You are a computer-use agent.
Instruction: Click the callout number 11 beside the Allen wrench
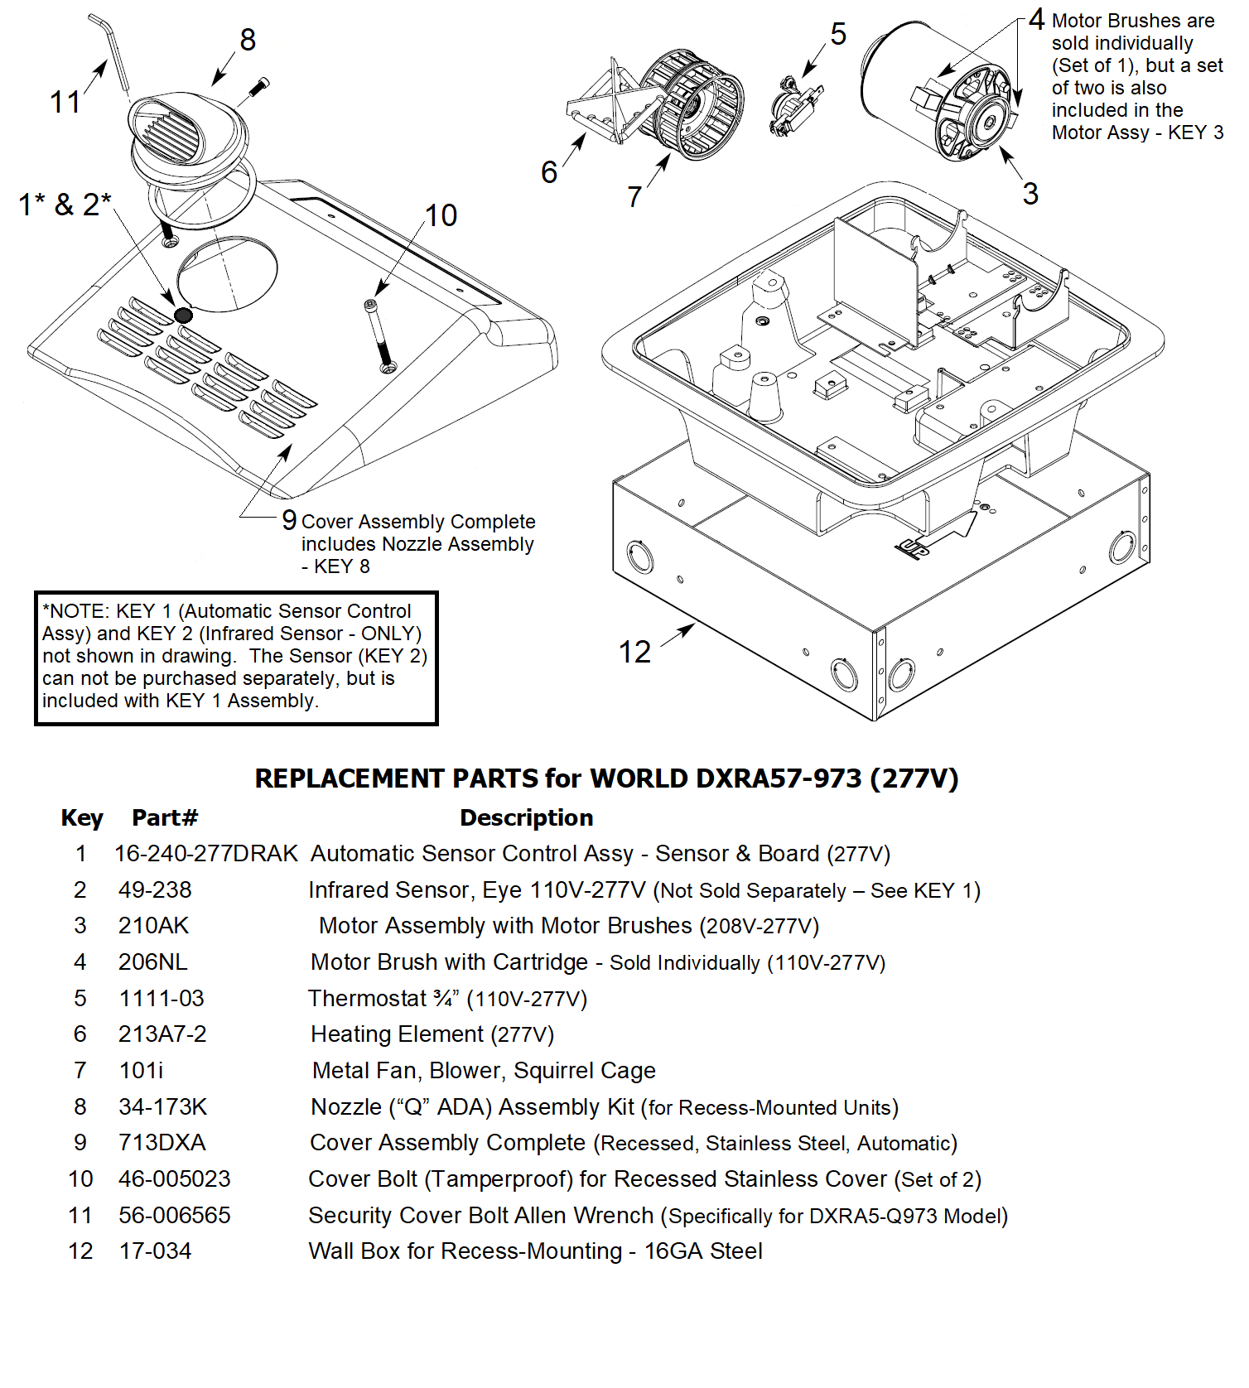[x=65, y=103]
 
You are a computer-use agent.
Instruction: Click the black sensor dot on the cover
[x=183, y=315]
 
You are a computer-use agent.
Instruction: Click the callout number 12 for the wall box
[x=634, y=653]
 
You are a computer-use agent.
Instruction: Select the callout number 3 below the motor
[x=1030, y=194]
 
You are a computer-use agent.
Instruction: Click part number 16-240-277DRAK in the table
[x=205, y=854]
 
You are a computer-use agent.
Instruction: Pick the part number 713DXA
[x=162, y=1143]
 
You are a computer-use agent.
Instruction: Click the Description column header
[x=526, y=818]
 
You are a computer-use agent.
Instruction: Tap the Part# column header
[x=165, y=818]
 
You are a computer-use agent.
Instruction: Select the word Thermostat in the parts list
[x=367, y=999]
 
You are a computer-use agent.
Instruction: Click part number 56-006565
[x=174, y=1216]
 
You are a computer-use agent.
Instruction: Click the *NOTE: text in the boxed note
[x=76, y=611]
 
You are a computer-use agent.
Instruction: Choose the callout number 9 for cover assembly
[x=289, y=520]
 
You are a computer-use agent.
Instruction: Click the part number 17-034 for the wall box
[x=155, y=1251]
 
